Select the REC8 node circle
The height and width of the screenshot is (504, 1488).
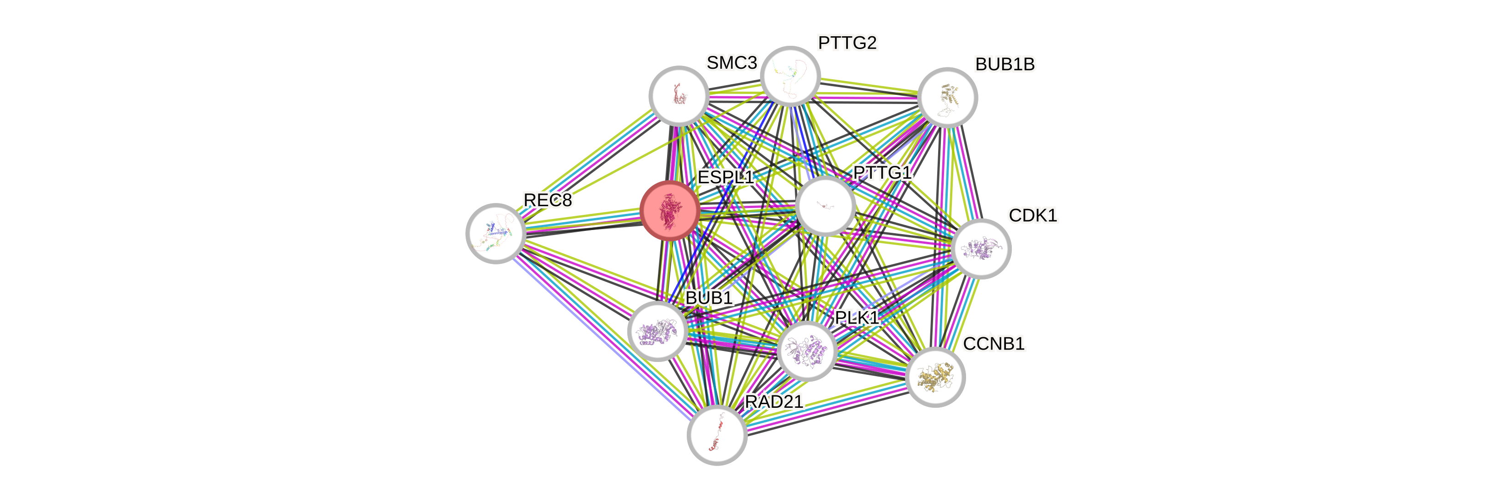click(495, 233)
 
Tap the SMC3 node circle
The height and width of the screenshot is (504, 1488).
click(679, 95)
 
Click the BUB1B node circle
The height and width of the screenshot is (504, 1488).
click(947, 97)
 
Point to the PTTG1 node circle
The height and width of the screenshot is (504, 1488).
click(825, 206)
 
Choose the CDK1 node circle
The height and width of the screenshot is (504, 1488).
click(981, 248)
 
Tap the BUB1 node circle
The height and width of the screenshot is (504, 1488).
click(657, 331)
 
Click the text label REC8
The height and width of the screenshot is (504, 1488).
click(547, 200)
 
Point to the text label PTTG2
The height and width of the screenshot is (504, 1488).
click(847, 43)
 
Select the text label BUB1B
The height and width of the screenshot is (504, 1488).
click(1005, 64)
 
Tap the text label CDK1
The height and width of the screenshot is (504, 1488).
click(1032, 216)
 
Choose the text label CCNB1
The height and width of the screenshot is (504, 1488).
click(994, 344)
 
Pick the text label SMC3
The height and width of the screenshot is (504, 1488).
click(731, 62)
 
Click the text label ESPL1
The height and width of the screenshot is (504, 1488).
click(726, 177)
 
